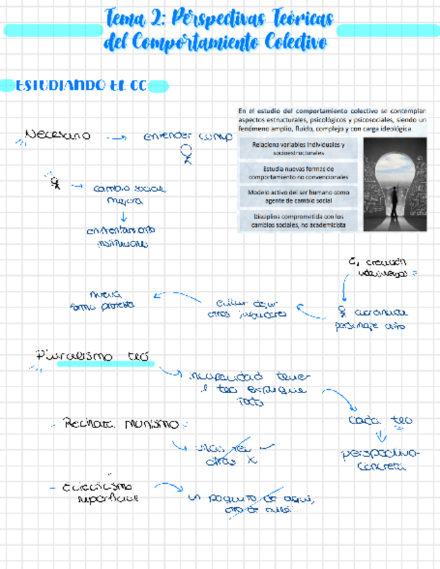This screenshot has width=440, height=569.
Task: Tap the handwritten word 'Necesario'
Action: [x=57, y=136]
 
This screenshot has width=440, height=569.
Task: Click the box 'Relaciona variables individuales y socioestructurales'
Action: [x=299, y=148]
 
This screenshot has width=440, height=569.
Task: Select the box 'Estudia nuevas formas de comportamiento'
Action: [x=299, y=172]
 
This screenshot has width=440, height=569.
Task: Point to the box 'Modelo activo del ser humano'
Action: [x=299, y=196]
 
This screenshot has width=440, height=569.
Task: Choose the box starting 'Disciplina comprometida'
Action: [x=299, y=220]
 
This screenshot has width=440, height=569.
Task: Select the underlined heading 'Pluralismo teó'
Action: [x=94, y=356]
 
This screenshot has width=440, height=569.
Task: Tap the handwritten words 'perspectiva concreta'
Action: [x=380, y=460]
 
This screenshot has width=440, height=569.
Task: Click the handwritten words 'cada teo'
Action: [x=380, y=421]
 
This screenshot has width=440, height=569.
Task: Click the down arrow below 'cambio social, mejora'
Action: [x=123, y=216]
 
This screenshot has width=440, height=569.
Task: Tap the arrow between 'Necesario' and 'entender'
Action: [x=117, y=138]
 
